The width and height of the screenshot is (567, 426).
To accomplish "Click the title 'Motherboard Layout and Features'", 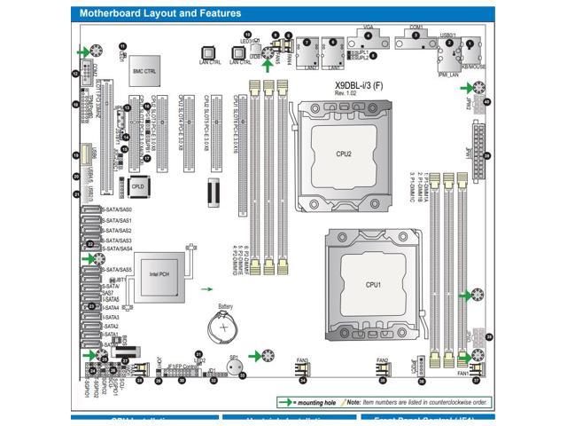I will point(160,13).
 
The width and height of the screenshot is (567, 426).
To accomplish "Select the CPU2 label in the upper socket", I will point(344,154).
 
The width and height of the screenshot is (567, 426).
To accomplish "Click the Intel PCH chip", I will point(158,274).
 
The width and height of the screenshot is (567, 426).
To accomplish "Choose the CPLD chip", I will point(137,187).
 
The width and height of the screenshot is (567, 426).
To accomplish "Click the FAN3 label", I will point(302,360).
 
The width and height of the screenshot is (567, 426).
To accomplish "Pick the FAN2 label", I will point(382,360).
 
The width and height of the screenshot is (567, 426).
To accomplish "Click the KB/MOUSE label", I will point(475,67).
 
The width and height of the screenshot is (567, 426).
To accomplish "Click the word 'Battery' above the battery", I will point(226,306).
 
